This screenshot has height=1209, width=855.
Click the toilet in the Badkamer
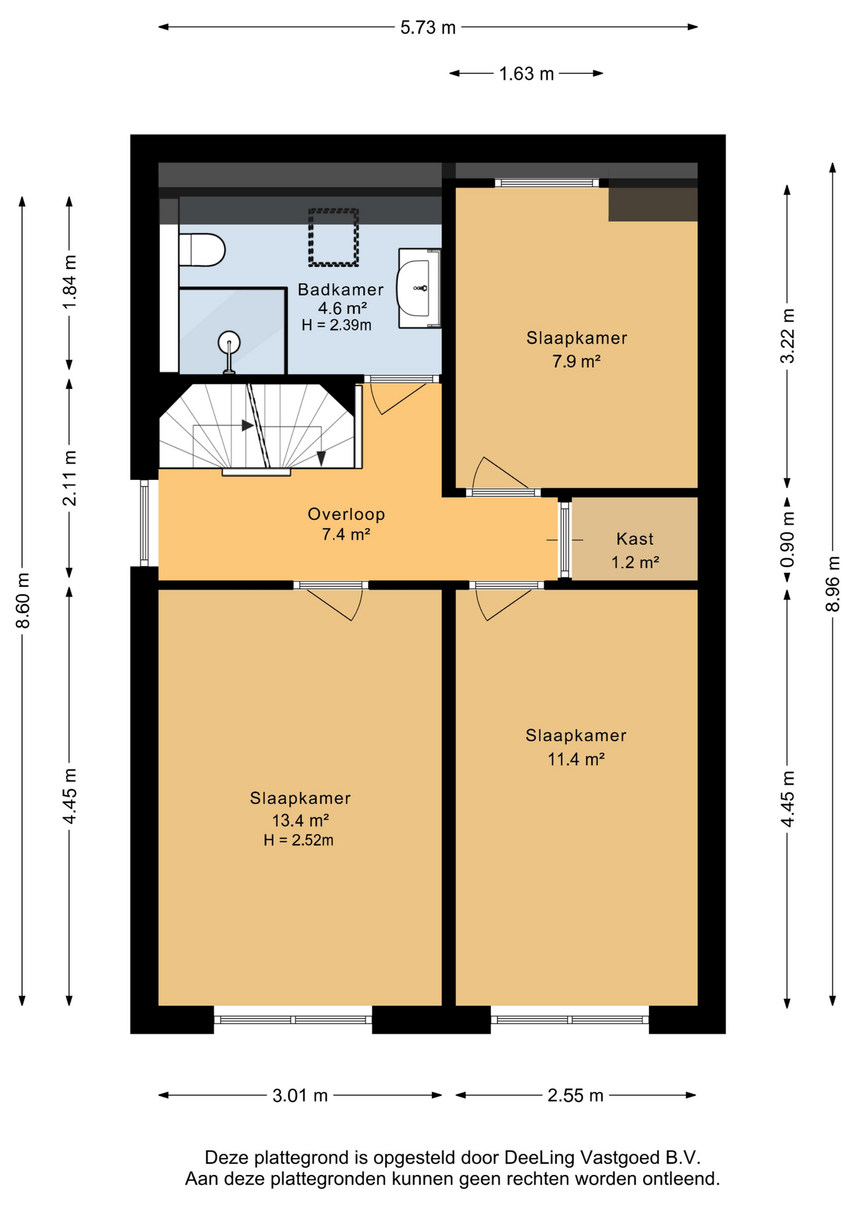(201, 250)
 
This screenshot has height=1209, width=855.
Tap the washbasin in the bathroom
(419, 288)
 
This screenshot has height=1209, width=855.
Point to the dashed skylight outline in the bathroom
(333, 237)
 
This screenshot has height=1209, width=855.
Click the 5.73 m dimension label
(428, 28)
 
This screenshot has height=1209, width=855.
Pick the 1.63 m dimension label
(526, 74)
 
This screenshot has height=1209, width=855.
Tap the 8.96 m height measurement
(832, 584)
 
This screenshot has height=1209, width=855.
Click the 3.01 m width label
(300, 1096)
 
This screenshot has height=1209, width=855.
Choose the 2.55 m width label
(575, 1096)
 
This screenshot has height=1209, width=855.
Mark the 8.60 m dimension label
(23, 601)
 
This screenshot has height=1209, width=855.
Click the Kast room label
(635, 539)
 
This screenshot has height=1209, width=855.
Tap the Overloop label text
(346, 514)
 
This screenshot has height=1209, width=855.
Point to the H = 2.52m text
(298, 840)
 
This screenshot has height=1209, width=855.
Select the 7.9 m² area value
(576, 361)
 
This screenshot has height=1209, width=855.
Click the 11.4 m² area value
(576, 759)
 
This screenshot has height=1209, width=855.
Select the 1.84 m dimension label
(69, 282)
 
